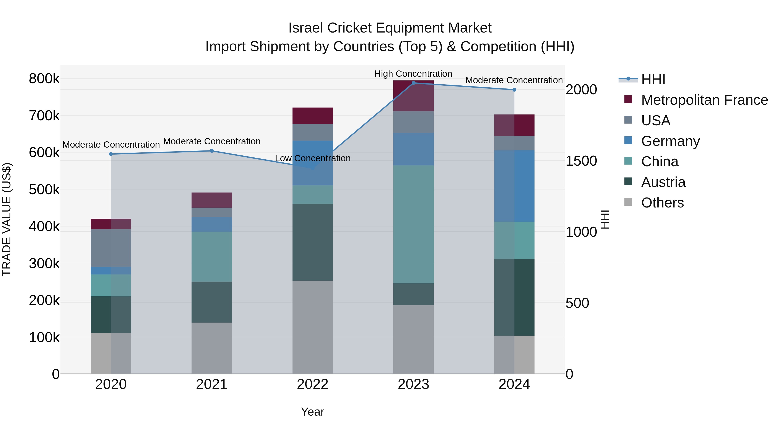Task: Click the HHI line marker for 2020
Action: click(111, 154)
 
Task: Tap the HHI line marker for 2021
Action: click(212, 151)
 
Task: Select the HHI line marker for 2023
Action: click(413, 83)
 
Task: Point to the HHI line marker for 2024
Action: click(514, 90)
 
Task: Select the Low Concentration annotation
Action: click(312, 158)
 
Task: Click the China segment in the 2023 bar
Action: click(413, 224)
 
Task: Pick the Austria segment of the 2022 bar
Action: click(312, 242)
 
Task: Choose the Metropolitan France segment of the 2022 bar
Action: click(312, 116)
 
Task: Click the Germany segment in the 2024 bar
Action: click(514, 186)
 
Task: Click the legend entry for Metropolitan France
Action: click(704, 100)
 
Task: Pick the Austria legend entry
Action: click(663, 182)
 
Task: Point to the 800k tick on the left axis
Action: click(44, 79)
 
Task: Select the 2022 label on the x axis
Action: click(312, 384)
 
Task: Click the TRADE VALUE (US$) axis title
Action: click(7, 219)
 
